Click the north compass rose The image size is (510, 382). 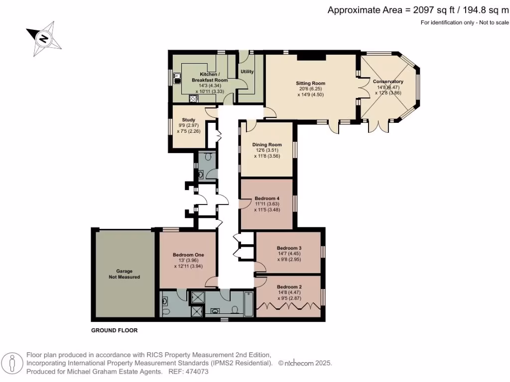pyautogui.click(x=44, y=39)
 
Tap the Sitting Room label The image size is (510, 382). pyautogui.click(x=310, y=83)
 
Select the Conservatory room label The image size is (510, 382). pyautogui.click(x=388, y=81)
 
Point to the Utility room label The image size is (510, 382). pyautogui.click(x=247, y=72)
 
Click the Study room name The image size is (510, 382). pyautogui.click(x=189, y=119)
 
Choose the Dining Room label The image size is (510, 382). pyautogui.click(x=267, y=145)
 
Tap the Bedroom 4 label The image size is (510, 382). pyautogui.click(x=267, y=198)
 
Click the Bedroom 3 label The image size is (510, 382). pyautogui.click(x=289, y=248)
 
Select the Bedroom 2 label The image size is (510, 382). pyautogui.click(x=289, y=287)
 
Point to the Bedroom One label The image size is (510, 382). pyautogui.click(x=188, y=255)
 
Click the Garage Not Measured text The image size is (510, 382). pyautogui.click(x=124, y=274)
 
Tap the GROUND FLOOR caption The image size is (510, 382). pyautogui.click(x=115, y=330)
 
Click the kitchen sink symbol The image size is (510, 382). pyautogui.click(x=177, y=78)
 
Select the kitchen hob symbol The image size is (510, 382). pyautogui.click(x=193, y=98)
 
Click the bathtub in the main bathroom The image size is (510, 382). pyautogui.click(x=249, y=304)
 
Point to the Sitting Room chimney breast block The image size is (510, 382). pyautogui.click(x=311, y=57)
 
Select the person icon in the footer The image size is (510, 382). pyautogui.click(x=12, y=363)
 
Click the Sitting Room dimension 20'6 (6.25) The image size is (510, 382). pyautogui.click(x=310, y=89)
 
